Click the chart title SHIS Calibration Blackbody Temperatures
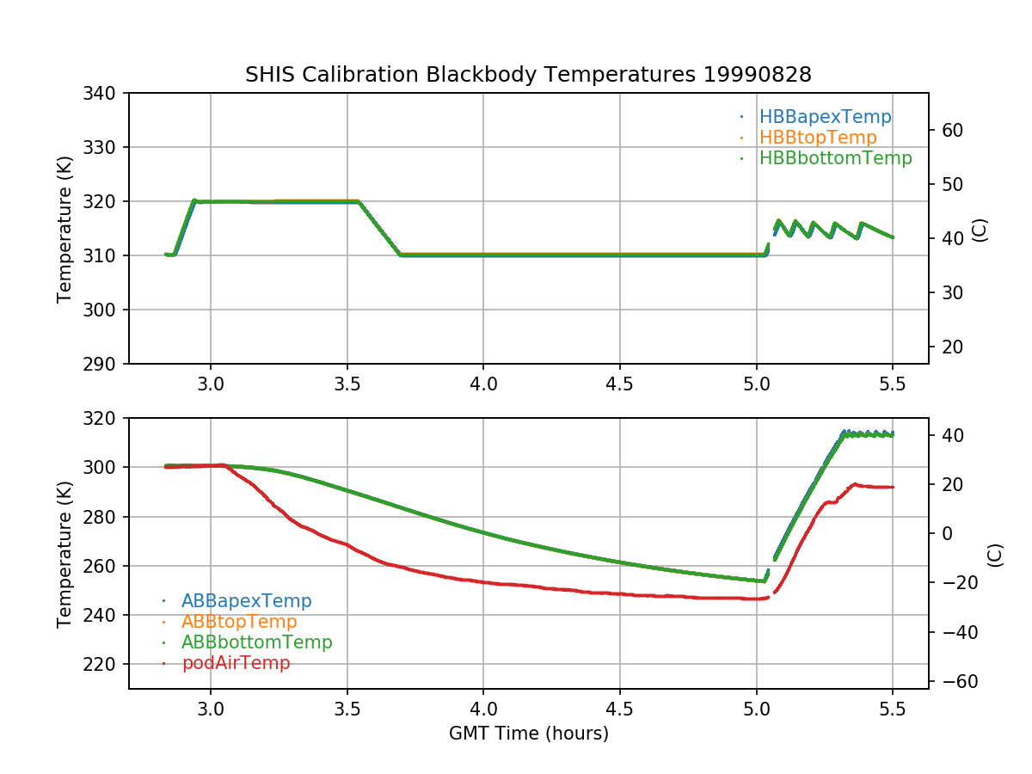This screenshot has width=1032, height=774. (x=528, y=75)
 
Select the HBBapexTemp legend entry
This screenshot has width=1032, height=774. (x=825, y=117)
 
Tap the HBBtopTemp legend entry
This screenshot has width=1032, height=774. (x=818, y=138)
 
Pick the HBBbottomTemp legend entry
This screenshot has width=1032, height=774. (x=835, y=158)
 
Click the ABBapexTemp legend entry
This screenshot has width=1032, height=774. (x=246, y=601)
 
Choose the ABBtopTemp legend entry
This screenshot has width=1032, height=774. (x=239, y=622)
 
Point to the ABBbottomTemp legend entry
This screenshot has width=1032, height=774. (x=256, y=642)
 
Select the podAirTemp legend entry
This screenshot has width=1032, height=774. (x=236, y=663)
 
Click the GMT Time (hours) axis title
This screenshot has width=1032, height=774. (x=529, y=734)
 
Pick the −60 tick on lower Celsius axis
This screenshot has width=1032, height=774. (x=956, y=682)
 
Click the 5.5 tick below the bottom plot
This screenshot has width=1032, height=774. (x=893, y=710)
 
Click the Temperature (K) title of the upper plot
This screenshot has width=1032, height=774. (x=64, y=228)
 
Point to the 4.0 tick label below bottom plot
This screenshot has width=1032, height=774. (x=483, y=710)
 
